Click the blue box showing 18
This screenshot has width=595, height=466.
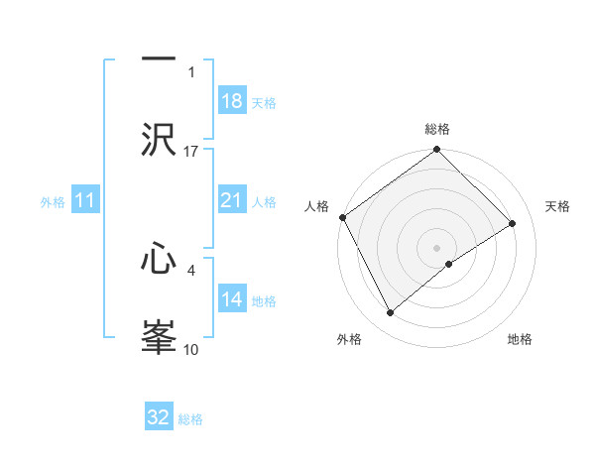(x=232, y=101)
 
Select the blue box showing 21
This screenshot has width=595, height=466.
(x=232, y=200)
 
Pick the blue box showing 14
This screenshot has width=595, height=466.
(x=232, y=299)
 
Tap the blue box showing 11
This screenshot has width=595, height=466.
(x=85, y=201)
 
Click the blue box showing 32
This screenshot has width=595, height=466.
(x=159, y=417)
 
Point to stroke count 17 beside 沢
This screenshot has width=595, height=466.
(x=191, y=151)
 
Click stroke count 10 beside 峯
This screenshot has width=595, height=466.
(x=191, y=349)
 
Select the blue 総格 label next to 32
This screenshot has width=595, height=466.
(x=190, y=419)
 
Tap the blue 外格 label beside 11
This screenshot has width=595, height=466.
(x=53, y=202)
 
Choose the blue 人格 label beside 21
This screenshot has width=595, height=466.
(x=264, y=202)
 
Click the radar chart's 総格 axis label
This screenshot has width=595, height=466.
(x=437, y=129)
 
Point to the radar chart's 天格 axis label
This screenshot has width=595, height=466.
(x=558, y=206)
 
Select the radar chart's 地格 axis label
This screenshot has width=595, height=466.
(x=520, y=339)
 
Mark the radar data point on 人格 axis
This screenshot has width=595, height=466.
(x=342, y=217)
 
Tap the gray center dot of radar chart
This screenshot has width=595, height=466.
(x=436, y=247)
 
